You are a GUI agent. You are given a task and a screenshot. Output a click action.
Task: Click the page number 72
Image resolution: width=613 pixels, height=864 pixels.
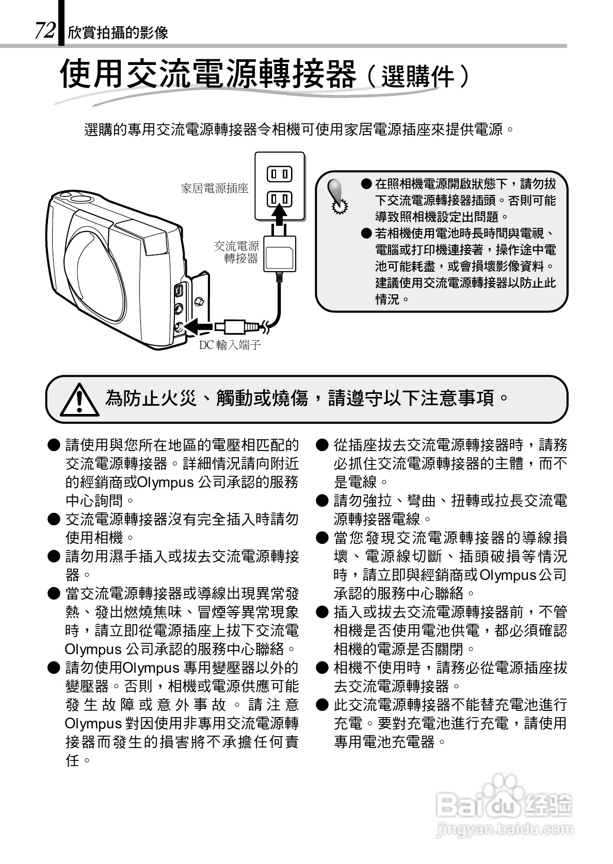point(45,31)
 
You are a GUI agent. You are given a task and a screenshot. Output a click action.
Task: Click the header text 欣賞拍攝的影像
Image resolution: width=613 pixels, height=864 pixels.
point(118,33)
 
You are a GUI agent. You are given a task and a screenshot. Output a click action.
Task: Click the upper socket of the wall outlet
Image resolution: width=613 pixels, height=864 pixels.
point(279,174)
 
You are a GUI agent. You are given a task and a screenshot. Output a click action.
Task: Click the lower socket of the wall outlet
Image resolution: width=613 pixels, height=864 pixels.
point(279,198)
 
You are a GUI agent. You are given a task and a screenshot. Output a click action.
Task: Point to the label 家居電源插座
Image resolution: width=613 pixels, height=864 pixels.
point(214,188)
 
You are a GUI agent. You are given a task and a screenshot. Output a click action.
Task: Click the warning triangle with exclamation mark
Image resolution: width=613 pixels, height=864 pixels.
point(79,401)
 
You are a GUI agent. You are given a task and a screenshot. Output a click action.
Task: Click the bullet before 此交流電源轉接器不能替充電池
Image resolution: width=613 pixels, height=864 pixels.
point(322,705)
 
